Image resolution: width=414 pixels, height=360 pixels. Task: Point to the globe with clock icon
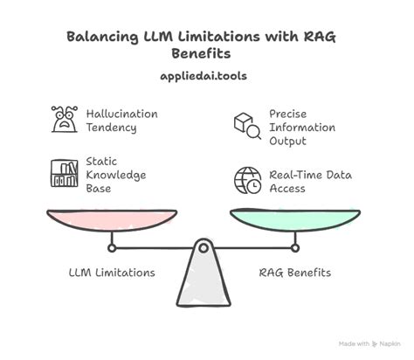(x=246, y=181)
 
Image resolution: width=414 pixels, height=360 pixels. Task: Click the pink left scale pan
(x=112, y=218)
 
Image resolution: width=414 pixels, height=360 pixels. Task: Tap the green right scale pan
(x=294, y=218)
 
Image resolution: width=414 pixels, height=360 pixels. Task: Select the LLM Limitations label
(x=111, y=273)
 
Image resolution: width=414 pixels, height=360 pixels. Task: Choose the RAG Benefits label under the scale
(x=294, y=273)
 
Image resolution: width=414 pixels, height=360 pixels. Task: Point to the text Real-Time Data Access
(x=310, y=181)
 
